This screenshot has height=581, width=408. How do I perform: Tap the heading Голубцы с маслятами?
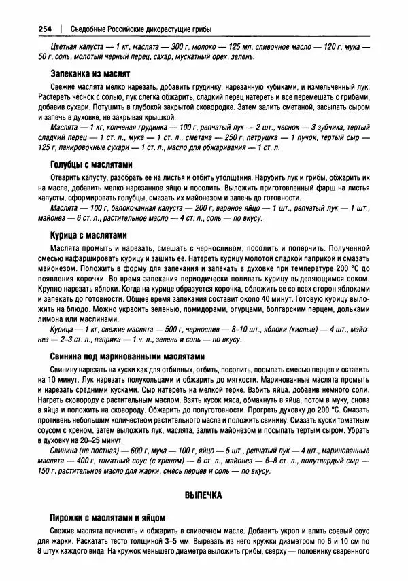[x=91, y=165]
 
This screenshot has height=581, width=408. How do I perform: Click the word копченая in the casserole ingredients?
[x=106, y=128]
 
